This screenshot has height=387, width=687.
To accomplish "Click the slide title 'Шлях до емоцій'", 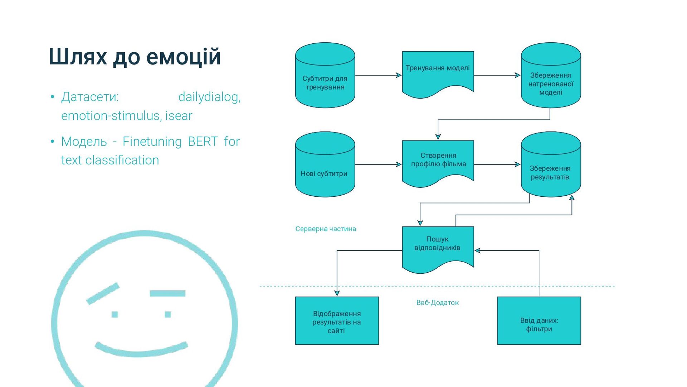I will (135, 57).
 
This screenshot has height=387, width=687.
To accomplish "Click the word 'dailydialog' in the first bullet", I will (209, 97).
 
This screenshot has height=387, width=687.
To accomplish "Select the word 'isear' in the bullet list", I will (179, 116).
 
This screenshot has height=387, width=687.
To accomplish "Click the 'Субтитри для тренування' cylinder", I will (325, 82).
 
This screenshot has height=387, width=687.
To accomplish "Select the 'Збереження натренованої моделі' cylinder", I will (551, 83).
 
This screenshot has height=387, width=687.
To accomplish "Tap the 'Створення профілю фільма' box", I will (438, 161).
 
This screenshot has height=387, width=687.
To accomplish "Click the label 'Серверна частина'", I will (326, 229).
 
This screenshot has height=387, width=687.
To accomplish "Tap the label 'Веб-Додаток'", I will (437, 303).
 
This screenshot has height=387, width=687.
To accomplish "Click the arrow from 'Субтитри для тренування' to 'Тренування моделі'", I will (378, 75).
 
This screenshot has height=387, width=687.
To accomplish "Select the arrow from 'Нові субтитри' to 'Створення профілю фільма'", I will (378, 164).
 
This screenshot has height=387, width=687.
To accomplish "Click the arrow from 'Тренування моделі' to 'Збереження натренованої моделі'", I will (497, 75).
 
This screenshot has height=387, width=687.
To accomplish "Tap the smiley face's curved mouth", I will (141, 350).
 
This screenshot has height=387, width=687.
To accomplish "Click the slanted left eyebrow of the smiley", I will (103, 294).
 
